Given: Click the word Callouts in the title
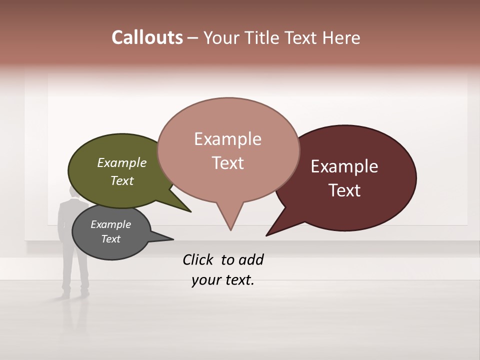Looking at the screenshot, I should [x=147, y=37].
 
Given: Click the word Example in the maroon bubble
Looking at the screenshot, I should [x=344, y=166].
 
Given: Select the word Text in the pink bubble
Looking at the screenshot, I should [x=228, y=163].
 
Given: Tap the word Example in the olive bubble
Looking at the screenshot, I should [x=122, y=162].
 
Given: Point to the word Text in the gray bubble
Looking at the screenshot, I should [x=111, y=239].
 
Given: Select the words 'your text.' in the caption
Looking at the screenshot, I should [x=223, y=280].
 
